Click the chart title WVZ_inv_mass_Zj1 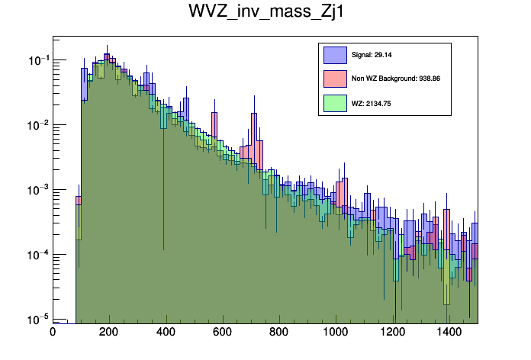(x=265, y=12)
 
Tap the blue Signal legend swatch (x=336, y=54)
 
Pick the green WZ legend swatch (x=336, y=102)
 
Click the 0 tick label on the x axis (x=53, y=332)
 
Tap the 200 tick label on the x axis (x=109, y=332)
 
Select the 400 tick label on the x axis (x=166, y=332)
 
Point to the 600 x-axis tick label (x=223, y=332)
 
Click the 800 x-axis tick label (x=279, y=332)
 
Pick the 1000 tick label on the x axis (x=336, y=332)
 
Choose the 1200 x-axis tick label (x=393, y=332)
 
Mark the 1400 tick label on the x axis (x=449, y=332)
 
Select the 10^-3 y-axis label (x=37, y=190)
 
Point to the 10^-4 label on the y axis (x=37, y=255)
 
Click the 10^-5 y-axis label (x=37, y=319)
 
